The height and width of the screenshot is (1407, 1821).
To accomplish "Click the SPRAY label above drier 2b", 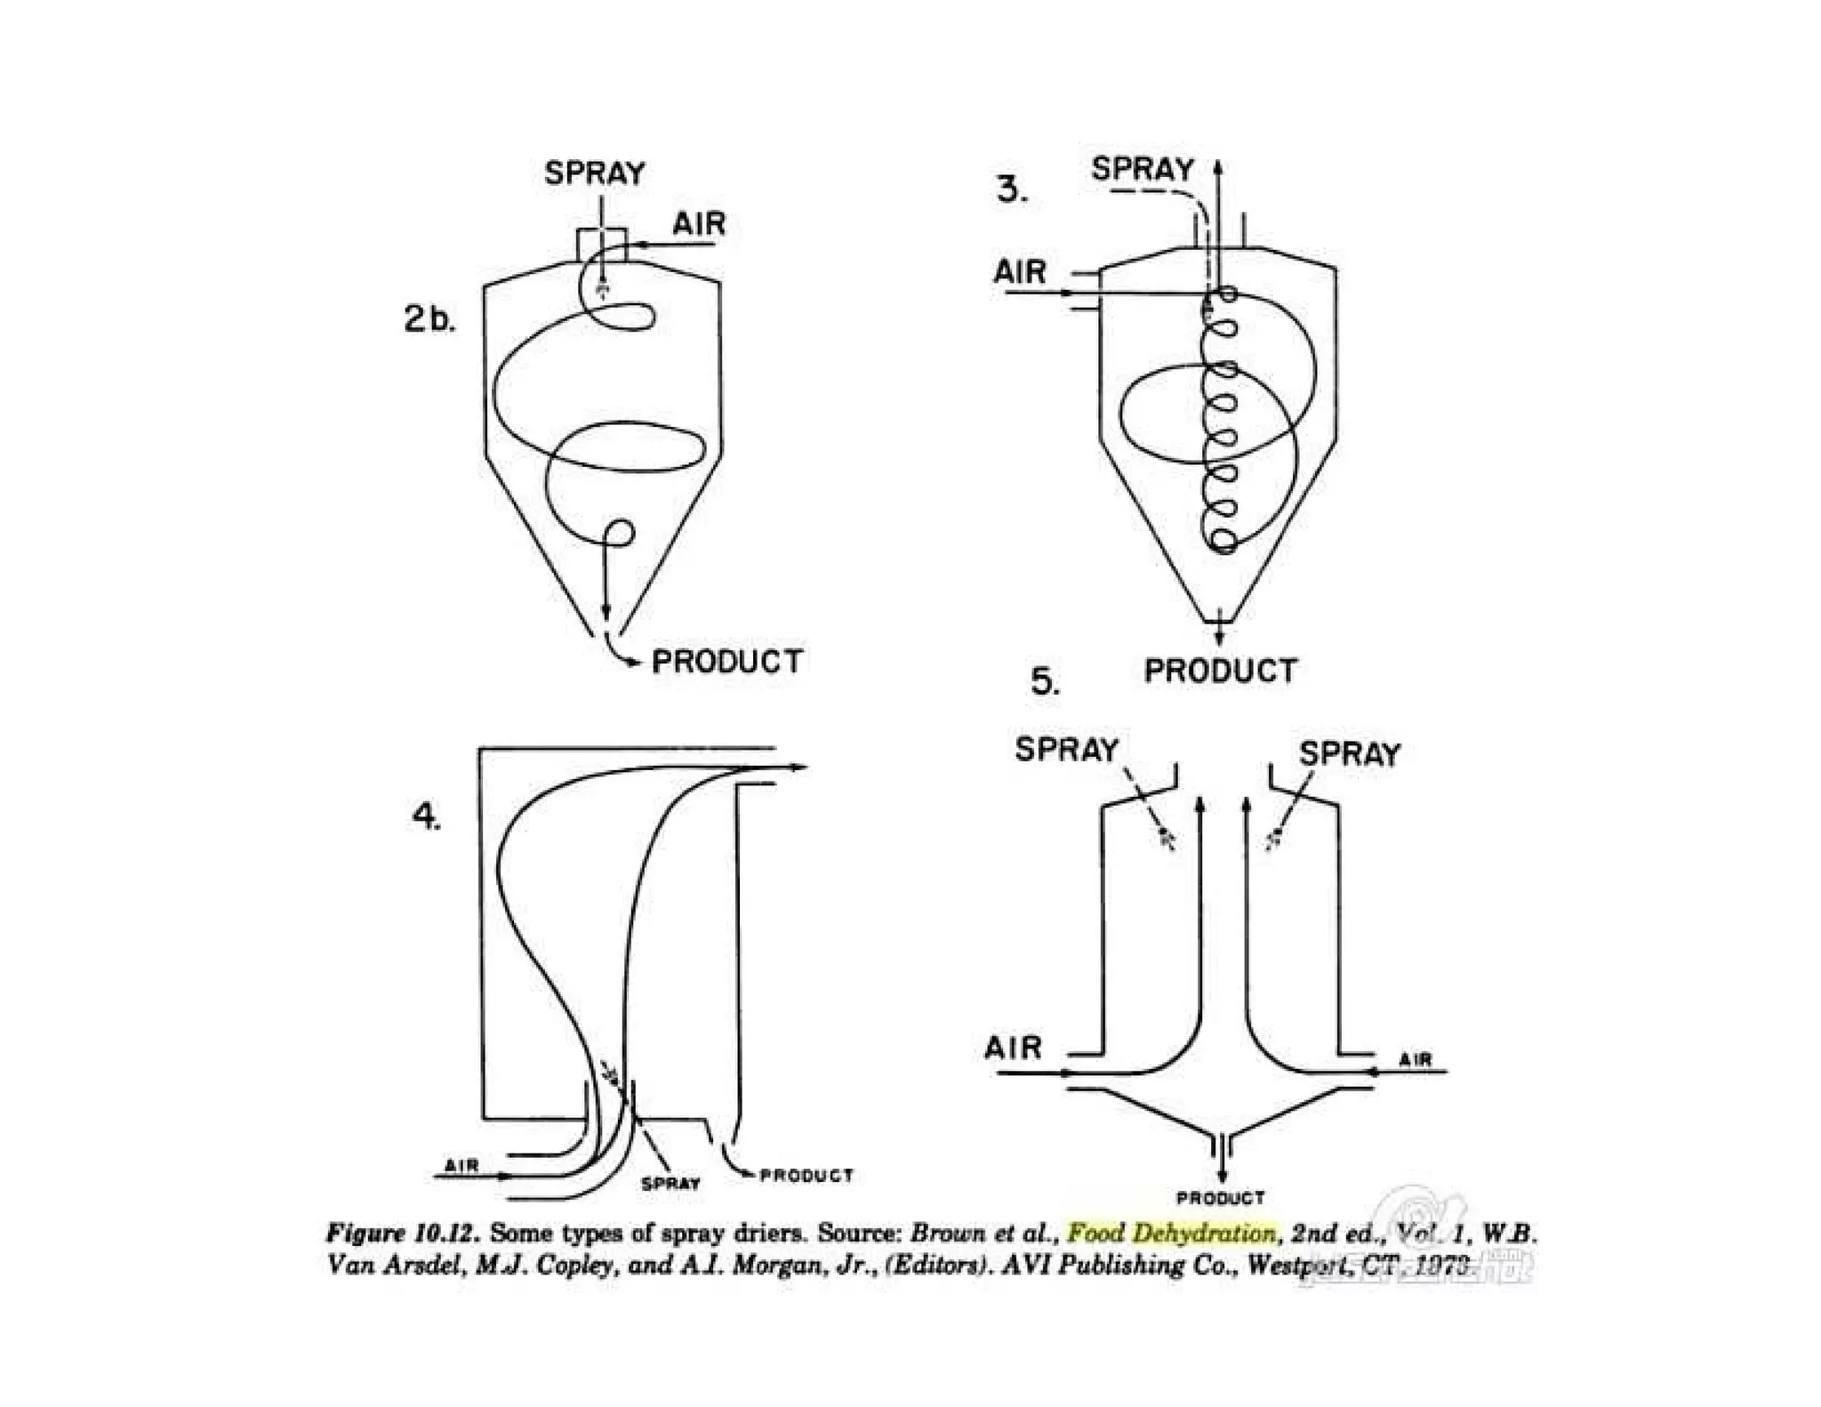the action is tap(594, 173).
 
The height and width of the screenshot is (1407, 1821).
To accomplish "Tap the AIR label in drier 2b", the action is tap(699, 224).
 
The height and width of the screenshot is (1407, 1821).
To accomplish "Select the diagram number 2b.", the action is tap(429, 318).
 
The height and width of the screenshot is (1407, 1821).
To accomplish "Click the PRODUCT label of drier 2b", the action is tap(727, 662).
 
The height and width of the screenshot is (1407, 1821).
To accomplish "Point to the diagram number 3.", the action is tap(1012, 189).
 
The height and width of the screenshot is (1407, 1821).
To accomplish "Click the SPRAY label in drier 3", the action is tap(1143, 169).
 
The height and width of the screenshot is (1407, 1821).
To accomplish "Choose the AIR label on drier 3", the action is tap(1020, 271).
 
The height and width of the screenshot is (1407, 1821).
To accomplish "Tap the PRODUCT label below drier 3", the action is tap(1220, 671).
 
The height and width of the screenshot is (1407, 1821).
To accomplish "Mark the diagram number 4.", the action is tap(427, 816).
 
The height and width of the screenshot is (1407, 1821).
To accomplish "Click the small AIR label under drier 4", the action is tap(462, 1165).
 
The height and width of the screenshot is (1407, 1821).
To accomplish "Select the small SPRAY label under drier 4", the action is tap(670, 1184).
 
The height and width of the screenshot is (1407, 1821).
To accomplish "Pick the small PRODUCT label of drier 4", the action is tap(806, 1176).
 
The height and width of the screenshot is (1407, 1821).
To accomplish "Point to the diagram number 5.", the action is tap(1045, 681).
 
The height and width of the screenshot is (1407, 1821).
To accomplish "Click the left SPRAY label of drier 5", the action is tap(1066, 750).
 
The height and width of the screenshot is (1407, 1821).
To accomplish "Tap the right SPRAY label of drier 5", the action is tap(1349, 754).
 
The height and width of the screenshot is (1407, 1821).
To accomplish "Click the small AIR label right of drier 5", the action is tap(1415, 1059).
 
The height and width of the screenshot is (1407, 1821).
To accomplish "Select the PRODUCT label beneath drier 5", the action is tap(1220, 1198).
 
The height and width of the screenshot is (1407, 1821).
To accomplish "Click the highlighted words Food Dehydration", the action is tap(1172, 1234).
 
